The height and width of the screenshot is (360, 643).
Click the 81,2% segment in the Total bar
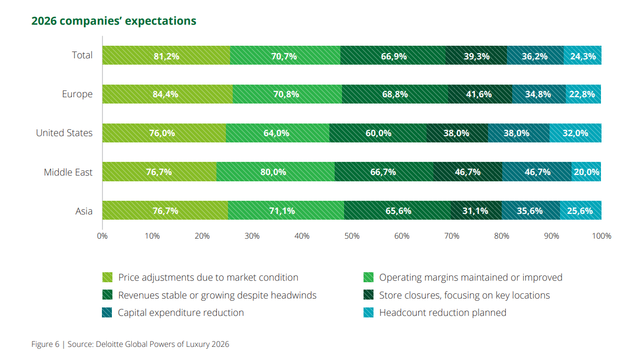pyautogui.click(x=166, y=56)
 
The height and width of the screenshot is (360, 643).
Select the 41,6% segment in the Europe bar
pyautogui.click(x=479, y=95)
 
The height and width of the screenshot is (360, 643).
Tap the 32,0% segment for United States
pyautogui.click(x=575, y=133)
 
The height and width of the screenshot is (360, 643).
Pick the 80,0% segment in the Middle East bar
pyautogui.click(x=275, y=172)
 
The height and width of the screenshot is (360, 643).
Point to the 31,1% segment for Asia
pyautogui.click(x=476, y=211)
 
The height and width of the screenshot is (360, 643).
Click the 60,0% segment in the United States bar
pyautogui.click(x=378, y=133)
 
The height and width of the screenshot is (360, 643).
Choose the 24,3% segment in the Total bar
pyautogui.click(x=583, y=56)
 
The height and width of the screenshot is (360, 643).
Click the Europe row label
pyautogui.click(x=77, y=95)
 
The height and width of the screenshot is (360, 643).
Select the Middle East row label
pyautogui.click(x=68, y=172)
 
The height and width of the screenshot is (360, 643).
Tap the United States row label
pyautogui.click(x=64, y=133)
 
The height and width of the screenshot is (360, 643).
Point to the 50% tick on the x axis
pyautogui.click(x=352, y=236)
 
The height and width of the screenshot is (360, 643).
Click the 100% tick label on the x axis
pyautogui.click(x=601, y=236)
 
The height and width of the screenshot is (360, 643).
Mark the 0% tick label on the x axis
pyautogui.click(x=102, y=236)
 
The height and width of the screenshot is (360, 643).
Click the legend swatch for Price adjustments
pyautogui.click(x=107, y=277)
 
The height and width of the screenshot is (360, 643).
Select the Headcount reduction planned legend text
pyautogui.click(x=442, y=313)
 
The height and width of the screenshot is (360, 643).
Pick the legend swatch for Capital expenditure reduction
pyautogui.click(x=107, y=313)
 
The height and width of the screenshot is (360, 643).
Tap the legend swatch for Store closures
pyautogui.click(x=368, y=295)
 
